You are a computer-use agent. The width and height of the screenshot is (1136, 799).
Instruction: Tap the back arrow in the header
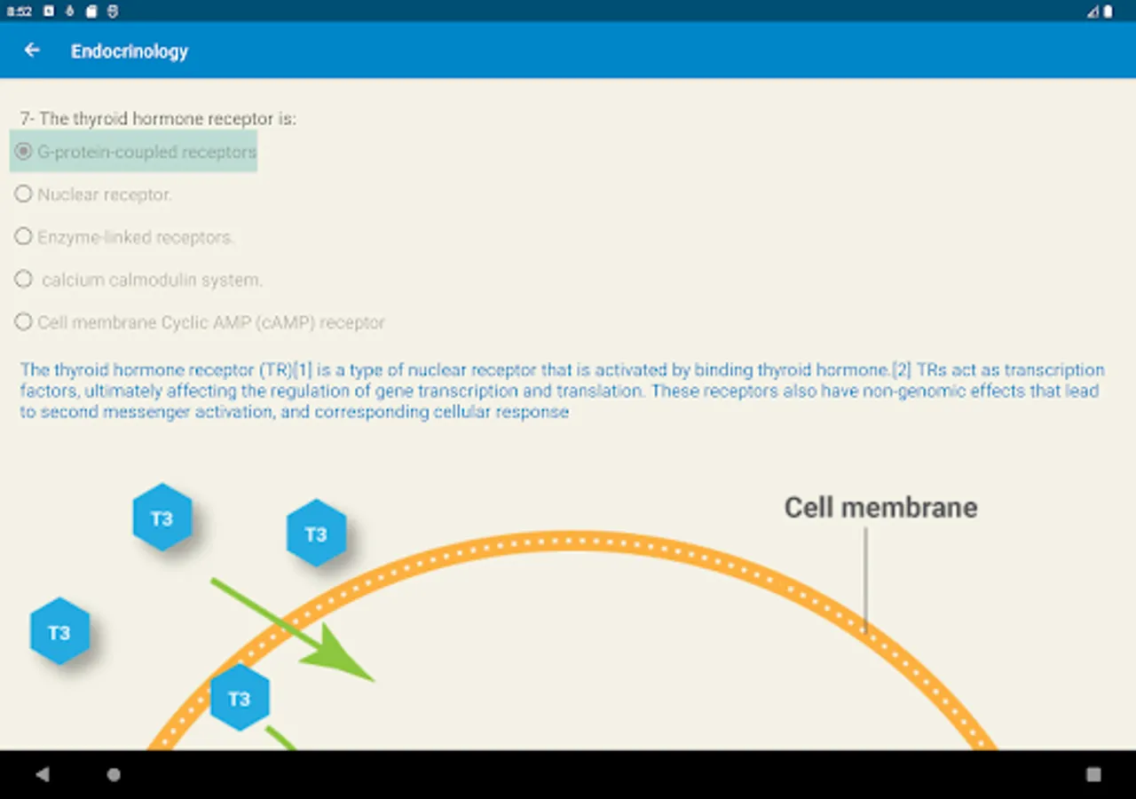pyautogui.click(x=32, y=51)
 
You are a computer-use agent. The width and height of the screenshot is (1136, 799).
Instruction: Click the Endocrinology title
pyautogui.click(x=130, y=51)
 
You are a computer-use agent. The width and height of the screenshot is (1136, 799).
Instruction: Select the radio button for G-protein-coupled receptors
pyautogui.click(x=24, y=152)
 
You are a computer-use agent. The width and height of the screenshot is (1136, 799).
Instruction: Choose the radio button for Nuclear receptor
pyautogui.click(x=24, y=194)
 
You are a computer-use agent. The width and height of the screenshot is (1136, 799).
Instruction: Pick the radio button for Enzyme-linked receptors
pyautogui.click(x=24, y=237)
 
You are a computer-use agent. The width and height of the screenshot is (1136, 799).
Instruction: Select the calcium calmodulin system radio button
pyautogui.click(x=24, y=280)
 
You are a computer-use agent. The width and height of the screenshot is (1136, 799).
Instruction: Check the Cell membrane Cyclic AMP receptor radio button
pyautogui.click(x=24, y=322)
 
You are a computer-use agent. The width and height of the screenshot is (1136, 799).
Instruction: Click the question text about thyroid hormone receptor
pyautogui.click(x=158, y=119)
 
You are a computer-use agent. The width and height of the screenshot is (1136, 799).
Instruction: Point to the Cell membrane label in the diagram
pyautogui.click(x=880, y=508)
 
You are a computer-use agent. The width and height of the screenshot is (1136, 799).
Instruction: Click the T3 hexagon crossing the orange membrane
pyautogui.click(x=240, y=698)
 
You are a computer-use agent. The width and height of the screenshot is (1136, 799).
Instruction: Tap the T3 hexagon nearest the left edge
pyautogui.click(x=59, y=632)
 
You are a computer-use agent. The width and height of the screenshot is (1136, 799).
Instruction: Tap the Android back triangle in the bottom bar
pyautogui.click(x=43, y=774)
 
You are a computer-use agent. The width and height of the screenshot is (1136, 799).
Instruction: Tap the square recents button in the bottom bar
pyautogui.click(x=1093, y=774)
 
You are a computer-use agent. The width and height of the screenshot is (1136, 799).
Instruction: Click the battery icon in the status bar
pyautogui.click(x=1108, y=12)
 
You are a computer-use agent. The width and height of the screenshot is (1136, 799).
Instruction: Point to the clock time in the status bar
pyautogui.click(x=20, y=12)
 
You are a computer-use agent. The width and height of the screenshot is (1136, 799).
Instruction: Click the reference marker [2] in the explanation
pyautogui.click(x=901, y=370)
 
